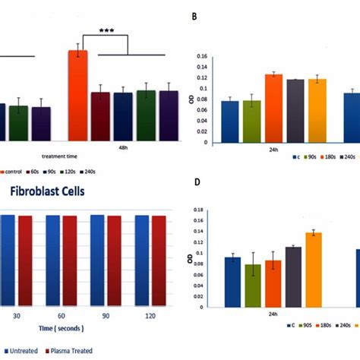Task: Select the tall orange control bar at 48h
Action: (77, 95)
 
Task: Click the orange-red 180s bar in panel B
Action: (273, 108)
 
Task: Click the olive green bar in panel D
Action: (252, 281)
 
